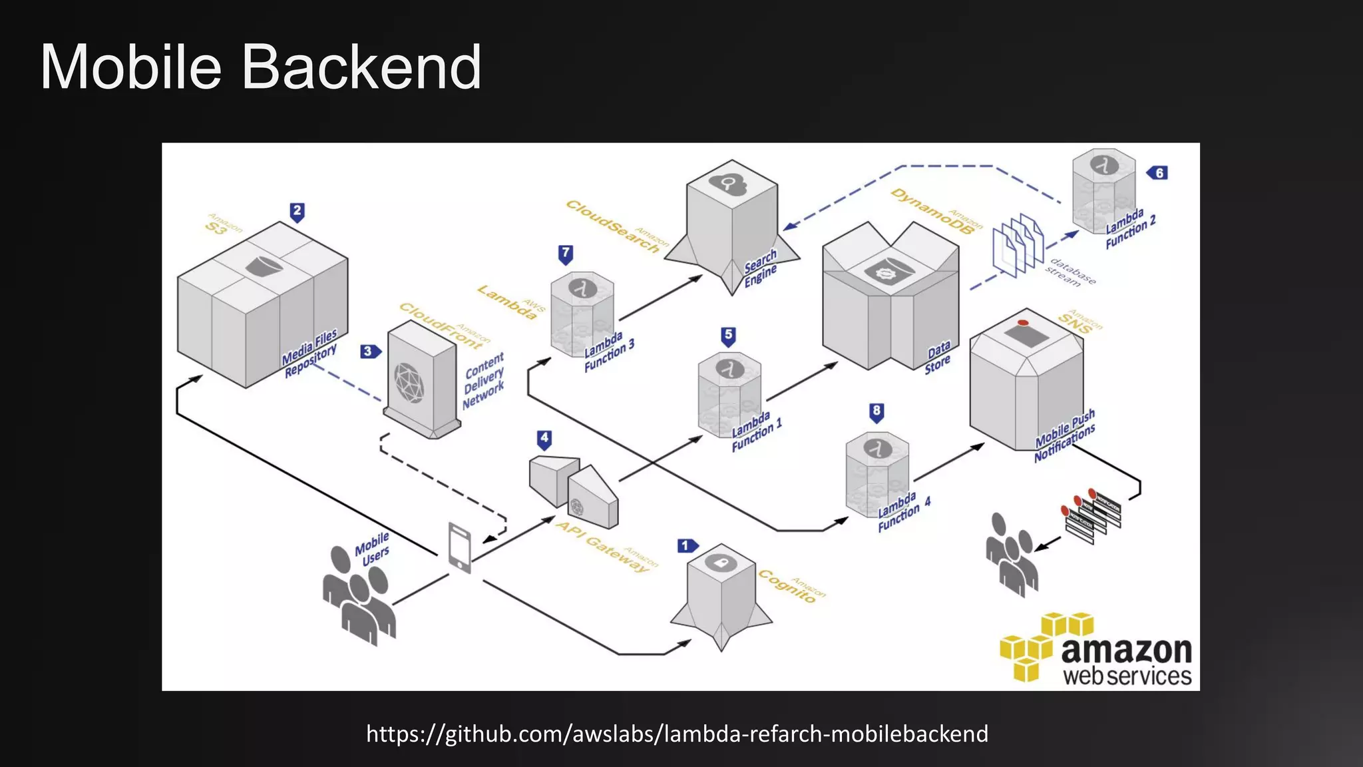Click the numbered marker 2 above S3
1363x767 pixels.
tap(297, 212)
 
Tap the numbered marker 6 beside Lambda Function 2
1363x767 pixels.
tap(1158, 173)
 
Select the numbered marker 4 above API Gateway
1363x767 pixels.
tap(544, 439)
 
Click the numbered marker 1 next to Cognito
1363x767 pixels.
tap(686, 546)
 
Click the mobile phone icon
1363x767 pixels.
tap(460, 547)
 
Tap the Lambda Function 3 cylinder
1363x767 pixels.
tap(582, 313)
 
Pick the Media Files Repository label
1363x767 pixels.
tap(310, 354)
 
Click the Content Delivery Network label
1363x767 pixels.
tap(484, 381)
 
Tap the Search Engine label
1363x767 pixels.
tap(761, 268)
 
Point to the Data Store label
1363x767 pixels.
tap(938, 358)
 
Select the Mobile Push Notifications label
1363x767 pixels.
tap(1065, 437)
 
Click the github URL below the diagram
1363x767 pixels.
tap(677, 734)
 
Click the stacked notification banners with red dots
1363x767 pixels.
tap(1091, 515)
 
